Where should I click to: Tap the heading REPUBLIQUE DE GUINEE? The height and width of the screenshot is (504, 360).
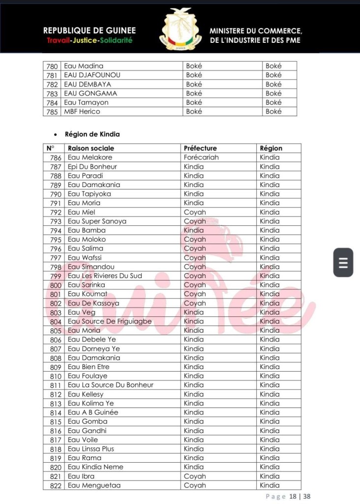click(x=90, y=31)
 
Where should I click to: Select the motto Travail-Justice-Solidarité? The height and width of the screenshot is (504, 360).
click(x=90, y=40)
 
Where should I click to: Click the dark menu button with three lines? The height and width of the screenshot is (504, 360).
click(x=343, y=262)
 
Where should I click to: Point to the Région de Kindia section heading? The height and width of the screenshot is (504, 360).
click(x=92, y=134)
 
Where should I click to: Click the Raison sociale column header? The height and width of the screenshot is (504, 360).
click(x=91, y=148)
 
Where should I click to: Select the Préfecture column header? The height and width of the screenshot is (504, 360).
click(x=200, y=148)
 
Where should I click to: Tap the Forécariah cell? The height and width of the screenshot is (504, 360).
click(x=201, y=157)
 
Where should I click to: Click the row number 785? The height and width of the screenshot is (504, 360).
click(x=52, y=112)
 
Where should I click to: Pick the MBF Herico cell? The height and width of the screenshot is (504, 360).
click(x=82, y=112)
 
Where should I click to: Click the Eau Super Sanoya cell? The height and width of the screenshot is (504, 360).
click(x=97, y=221)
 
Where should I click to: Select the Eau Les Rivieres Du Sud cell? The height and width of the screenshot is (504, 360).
click(x=105, y=276)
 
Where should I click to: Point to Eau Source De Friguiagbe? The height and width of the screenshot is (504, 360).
click(x=110, y=321)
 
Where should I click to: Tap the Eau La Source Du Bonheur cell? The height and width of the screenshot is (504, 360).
click(x=111, y=385)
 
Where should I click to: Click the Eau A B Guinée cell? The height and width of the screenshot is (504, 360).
click(x=93, y=412)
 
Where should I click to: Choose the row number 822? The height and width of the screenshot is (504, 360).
click(x=56, y=486)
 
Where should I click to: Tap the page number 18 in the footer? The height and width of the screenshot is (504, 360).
click(x=293, y=497)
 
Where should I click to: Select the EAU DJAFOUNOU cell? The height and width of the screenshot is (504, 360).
click(x=92, y=75)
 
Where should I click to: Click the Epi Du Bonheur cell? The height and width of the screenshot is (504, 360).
click(x=92, y=166)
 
